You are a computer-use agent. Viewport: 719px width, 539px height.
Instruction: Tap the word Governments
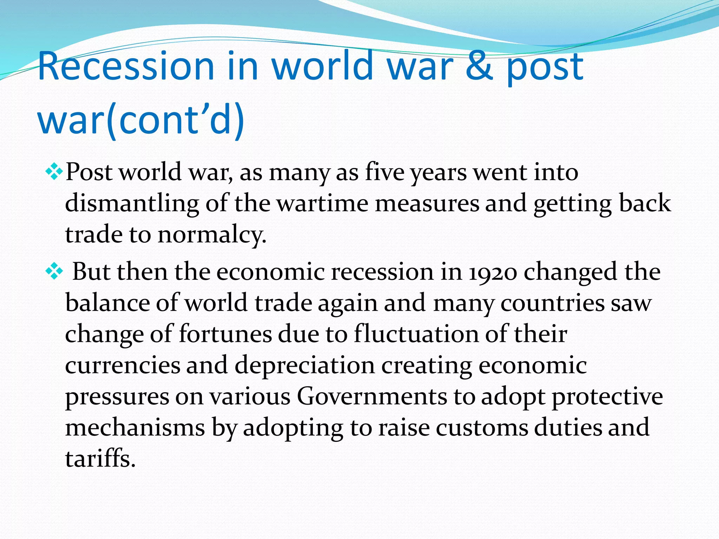point(372,397)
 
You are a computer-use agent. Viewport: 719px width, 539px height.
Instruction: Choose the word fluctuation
point(416,334)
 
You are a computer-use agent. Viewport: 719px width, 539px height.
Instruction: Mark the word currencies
point(123,365)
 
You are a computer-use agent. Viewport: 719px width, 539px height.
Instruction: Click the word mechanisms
point(135,428)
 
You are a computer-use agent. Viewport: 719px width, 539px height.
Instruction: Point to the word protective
point(607,397)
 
